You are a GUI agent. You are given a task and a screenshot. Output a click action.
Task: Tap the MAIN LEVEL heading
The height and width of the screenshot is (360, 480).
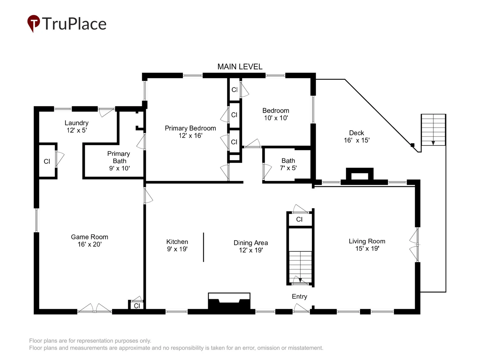(240, 67)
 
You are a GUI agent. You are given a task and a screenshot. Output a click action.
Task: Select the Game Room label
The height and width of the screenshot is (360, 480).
(89, 237)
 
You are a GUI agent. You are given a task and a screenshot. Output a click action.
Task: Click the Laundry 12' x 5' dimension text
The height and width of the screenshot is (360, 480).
(77, 130)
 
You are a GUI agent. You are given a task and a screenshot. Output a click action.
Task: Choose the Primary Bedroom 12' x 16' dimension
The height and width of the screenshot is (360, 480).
(190, 136)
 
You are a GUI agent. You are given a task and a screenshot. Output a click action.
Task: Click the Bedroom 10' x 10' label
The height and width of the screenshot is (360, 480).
(276, 114)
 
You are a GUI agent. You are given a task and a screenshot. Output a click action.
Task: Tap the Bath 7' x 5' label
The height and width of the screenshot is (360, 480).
(288, 164)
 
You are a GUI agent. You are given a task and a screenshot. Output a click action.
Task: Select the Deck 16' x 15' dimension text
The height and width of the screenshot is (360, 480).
(357, 140)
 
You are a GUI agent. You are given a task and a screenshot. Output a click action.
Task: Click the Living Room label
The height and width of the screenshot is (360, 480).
(367, 241)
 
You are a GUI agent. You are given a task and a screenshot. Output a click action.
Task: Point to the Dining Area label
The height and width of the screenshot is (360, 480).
(250, 243)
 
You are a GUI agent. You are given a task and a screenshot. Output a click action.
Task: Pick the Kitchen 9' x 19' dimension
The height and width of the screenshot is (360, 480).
(177, 249)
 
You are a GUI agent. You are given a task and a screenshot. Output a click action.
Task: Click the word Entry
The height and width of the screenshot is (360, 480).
(299, 296)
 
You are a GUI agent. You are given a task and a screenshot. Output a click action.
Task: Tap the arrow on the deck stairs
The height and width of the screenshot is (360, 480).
(433, 143)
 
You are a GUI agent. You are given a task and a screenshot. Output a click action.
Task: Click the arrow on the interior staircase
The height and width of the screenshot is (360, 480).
(300, 280)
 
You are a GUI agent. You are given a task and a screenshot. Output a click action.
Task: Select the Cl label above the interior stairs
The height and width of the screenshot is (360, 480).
(299, 219)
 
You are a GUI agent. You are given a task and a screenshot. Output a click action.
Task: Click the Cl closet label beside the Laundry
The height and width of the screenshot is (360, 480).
(47, 161)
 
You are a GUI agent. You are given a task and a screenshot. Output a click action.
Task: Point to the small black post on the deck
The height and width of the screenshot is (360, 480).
(412, 145)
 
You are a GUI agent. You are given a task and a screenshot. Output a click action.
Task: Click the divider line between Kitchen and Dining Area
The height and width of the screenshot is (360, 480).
(203, 247)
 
